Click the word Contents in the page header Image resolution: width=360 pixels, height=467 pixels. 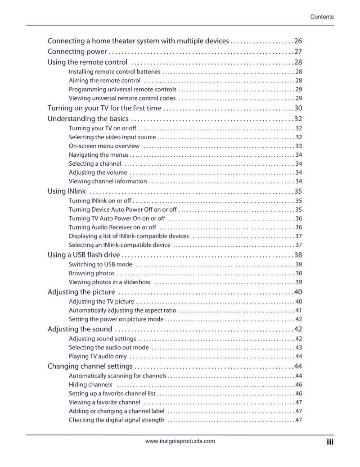(x=322, y=17)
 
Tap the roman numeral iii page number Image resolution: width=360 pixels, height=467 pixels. (x=330, y=442)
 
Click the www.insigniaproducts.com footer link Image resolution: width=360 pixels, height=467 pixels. (x=180, y=441)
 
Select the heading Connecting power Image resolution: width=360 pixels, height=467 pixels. (x=77, y=51)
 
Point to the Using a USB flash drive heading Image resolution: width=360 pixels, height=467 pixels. (x=84, y=255)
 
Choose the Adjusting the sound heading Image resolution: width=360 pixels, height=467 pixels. (x=80, y=329)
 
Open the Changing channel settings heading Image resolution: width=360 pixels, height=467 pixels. (x=90, y=366)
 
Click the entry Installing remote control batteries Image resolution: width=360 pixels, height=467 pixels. (x=114, y=72)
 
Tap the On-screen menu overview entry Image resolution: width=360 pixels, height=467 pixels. (x=104, y=146)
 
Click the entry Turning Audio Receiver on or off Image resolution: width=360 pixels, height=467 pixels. (x=112, y=227)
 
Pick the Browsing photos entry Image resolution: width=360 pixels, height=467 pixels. (x=91, y=273)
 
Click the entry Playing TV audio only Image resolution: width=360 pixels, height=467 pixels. (x=98, y=357)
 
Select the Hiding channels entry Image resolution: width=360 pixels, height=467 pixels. (x=90, y=385)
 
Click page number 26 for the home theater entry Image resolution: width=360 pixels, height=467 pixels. (x=298, y=41)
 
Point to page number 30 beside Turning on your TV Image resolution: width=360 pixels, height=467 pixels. (x=298, y=108)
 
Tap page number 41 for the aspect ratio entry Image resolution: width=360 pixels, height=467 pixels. (x=298, y=311)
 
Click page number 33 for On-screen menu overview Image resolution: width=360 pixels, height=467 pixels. (x=298, y=146)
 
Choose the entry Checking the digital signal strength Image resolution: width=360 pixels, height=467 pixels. (x=117, y=420)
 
